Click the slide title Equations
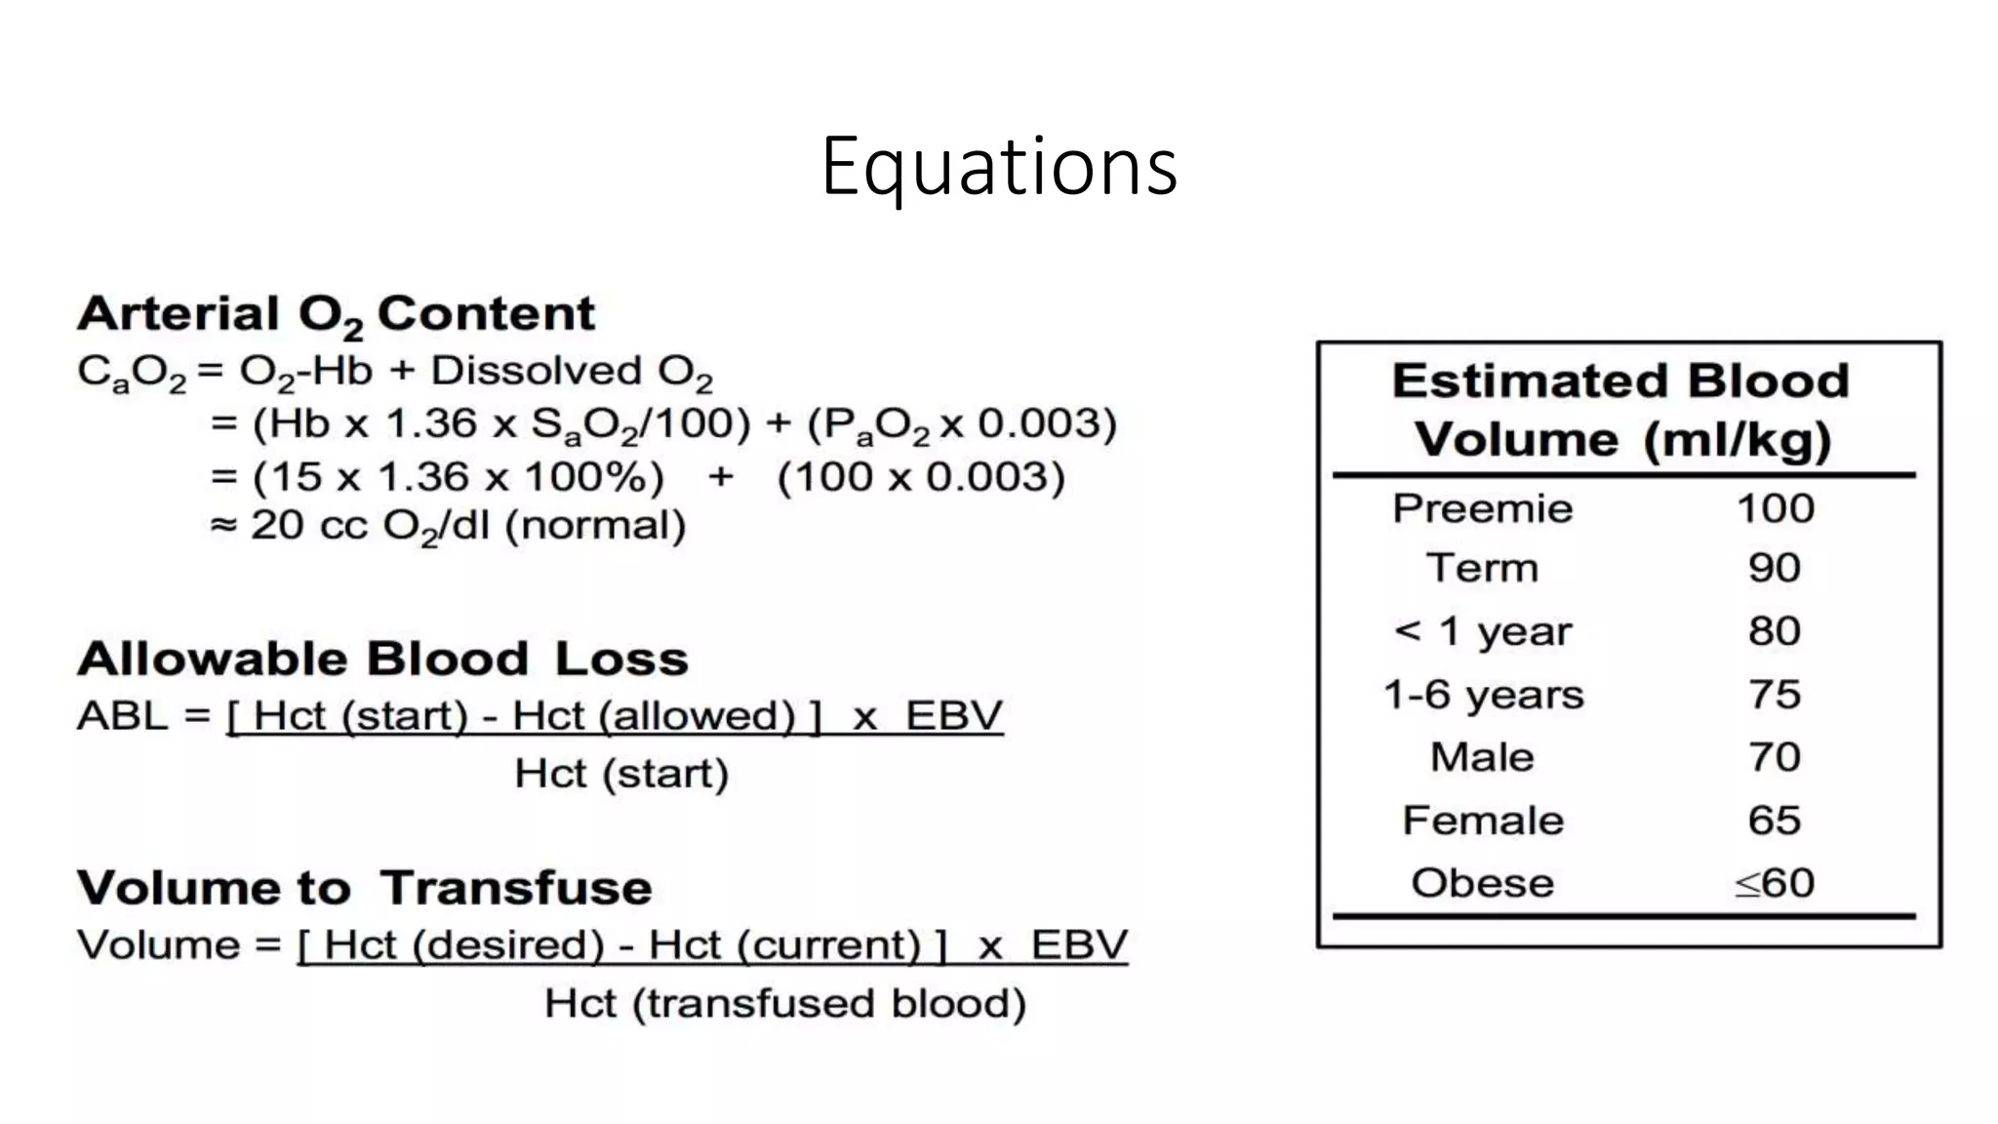coord(999,167)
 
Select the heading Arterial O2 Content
coord(336,314)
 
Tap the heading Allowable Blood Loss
coord(382,659)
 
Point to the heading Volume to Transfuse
coord(364,888)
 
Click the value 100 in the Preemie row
coord(1775,508)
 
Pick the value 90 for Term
coord(1774,568)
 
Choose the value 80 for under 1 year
coord(1774,631)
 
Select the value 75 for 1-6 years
coord(1774,695)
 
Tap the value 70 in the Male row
coord(1774,757)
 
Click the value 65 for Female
coord(1774,821)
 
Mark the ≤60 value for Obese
coord(1774,883)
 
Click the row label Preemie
coord(1482,508)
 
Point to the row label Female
coord(1482,821)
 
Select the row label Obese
coord(1482,883)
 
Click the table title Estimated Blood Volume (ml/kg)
coord(1620,410)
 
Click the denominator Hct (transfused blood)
coord(784,1004)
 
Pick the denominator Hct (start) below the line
coord(621,774)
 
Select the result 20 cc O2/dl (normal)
coord(467,526)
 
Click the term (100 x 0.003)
coord(920,477)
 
